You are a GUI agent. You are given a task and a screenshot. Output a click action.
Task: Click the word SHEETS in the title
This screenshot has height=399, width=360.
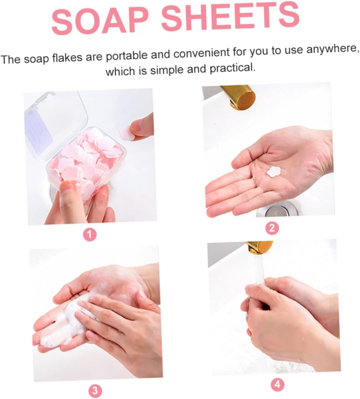coord(230,16)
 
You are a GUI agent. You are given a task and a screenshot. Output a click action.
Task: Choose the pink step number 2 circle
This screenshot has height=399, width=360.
coord(272,228)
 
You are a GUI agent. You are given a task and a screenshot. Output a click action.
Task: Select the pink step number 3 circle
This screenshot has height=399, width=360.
coord(95,391)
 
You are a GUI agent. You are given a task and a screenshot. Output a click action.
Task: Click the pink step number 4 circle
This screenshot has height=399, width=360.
coord(278,385)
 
